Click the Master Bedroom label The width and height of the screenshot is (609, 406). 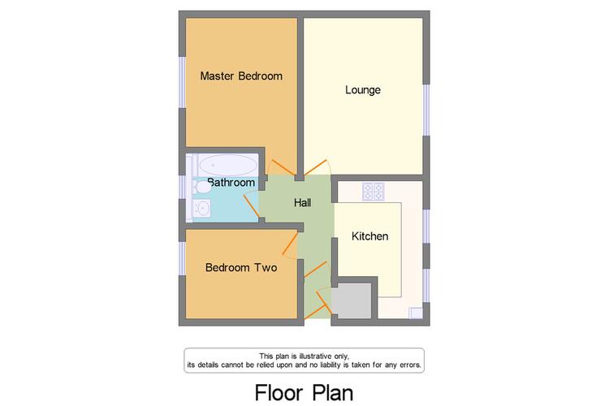(x=241, y=76)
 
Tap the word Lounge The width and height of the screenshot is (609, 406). (x=363, y=90)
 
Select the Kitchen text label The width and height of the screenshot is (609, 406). (x=369, y=236)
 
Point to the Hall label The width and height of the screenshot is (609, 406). (x=303, y=202)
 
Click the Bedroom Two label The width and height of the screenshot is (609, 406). (x=241, y=267)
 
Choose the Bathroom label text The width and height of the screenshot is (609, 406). (x=231, y=182)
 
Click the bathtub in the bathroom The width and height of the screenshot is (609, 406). (x=227, y=165)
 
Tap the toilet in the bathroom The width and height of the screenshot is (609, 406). (x=202, y=188)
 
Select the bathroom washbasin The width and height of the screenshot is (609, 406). (x=202, y=209)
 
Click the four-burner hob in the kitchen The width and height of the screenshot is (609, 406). (x=374, y=192)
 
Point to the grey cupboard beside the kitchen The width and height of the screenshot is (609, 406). (x=354, y=300)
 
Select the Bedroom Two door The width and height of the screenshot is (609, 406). (x=290, y=244)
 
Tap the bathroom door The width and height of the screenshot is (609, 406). (x=252, y=206)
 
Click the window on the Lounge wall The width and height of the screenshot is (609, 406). (x=426, y=110)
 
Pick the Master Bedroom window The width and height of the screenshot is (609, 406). (x=182, y=82)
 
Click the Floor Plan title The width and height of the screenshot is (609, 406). (x=304, y=392)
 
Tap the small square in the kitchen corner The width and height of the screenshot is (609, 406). (x=416, y=313)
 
